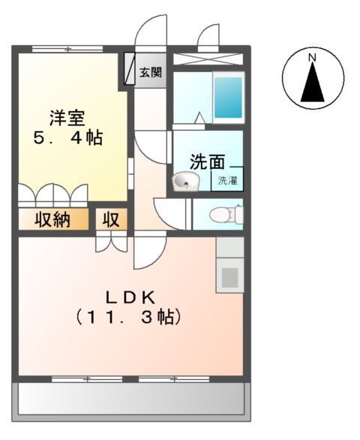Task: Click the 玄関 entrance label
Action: coord(151,73)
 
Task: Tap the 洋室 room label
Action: coord(67,118)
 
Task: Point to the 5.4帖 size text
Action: coord(67,139)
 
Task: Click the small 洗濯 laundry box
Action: coord(227,180)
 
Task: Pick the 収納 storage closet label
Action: coord(51,220)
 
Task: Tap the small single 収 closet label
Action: coord(112,220)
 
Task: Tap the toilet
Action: coord(225,214)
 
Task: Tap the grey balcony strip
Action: coord(132,398)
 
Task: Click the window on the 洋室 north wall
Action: coord(67,49)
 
